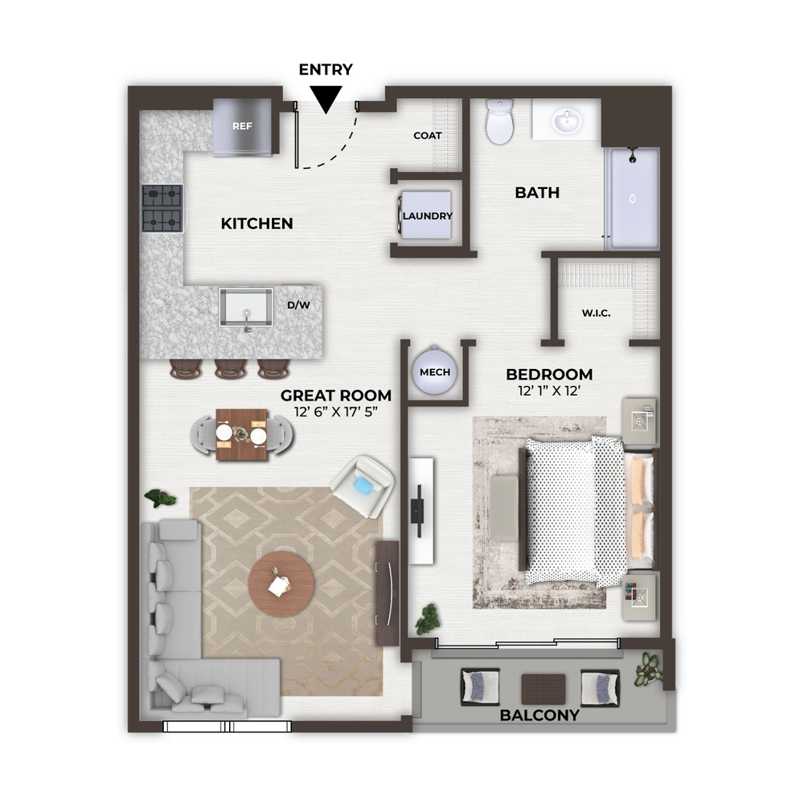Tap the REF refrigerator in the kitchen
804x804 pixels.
242,127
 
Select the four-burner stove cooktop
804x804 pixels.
162,208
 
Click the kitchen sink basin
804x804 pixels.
246,306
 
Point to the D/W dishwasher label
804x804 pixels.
299,305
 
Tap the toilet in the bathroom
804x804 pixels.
499,121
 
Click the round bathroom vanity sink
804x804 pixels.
567,121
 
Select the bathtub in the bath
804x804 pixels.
632,199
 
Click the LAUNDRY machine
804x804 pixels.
425,215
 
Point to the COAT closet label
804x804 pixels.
428,135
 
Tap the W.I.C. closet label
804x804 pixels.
596,313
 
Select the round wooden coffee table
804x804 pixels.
281,585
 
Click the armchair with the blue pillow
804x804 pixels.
363,486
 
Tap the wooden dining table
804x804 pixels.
241,435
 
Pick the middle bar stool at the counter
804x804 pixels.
231,369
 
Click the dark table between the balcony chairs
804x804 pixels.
544,690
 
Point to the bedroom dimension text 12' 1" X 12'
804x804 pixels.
549,391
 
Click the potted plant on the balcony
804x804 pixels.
648,669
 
